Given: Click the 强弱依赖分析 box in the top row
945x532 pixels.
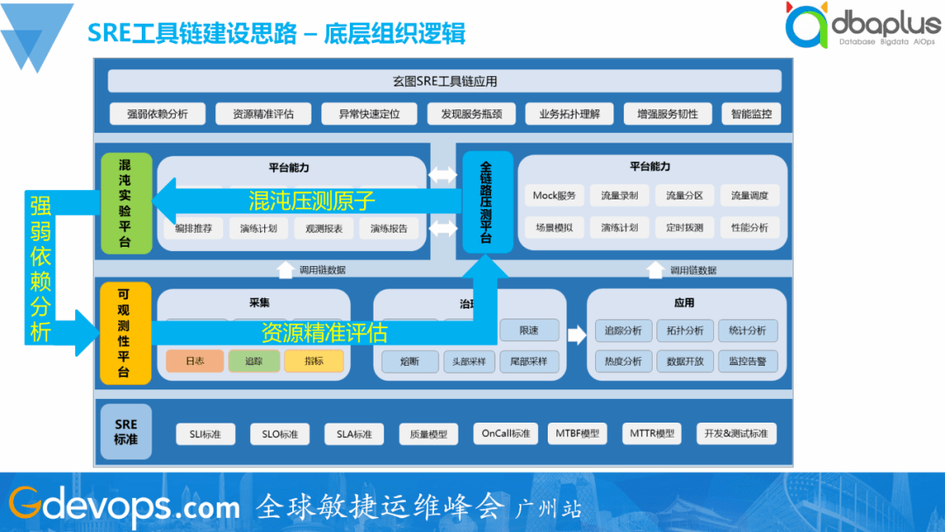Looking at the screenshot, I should (157, 114).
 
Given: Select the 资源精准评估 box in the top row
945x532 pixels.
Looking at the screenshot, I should (263, 114).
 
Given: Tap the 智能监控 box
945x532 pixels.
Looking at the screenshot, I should (750, 114).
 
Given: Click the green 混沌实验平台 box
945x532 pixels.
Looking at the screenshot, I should (125, 203).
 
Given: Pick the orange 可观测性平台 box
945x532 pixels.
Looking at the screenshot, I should (125, 333).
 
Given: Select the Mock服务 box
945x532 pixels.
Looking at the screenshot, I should (555, 195).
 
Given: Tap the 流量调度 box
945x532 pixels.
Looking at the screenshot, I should (749, 195).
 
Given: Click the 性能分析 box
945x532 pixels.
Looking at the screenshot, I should (749, 227).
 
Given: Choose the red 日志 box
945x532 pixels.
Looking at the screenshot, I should (194, 360).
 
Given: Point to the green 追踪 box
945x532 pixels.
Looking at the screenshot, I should (254, 360).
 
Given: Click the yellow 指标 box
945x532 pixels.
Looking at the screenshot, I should (313, 360).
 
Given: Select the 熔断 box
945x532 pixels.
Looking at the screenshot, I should (409, 361).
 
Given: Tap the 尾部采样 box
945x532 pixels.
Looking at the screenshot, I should (528, 361).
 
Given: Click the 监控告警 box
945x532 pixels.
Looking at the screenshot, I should (747, 361).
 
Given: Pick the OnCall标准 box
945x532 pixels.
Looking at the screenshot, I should (506, 434).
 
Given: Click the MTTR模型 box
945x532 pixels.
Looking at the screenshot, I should (653, 434).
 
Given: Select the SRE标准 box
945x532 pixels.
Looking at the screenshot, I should (125, 432).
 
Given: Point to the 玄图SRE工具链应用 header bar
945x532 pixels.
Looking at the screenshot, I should (444, 81).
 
